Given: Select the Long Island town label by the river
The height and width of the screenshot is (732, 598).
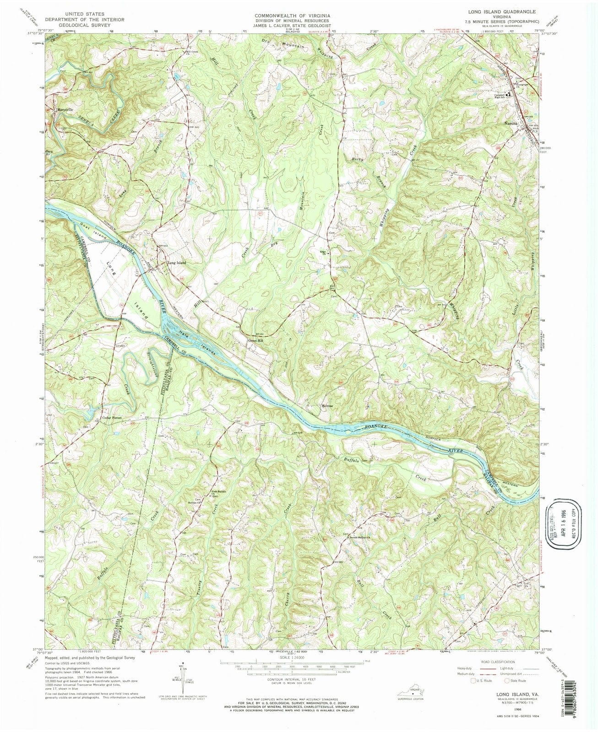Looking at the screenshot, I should [177, 263].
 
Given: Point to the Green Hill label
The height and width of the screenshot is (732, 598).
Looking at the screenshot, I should [255, 340].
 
